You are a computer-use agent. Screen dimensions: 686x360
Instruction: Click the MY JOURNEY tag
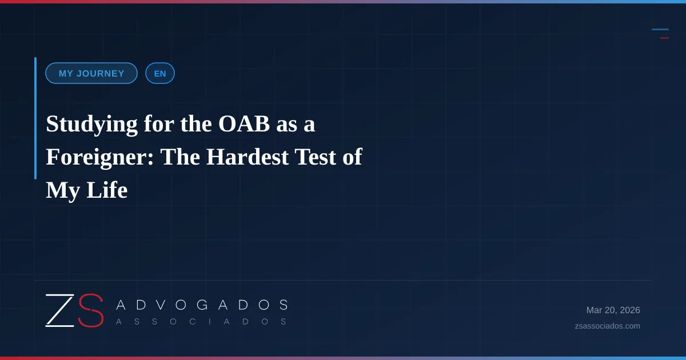point(91,73)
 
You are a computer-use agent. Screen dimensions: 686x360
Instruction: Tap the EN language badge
point(160,73)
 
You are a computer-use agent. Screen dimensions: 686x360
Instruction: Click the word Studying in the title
point(91,125)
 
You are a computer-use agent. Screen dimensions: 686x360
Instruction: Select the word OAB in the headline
point(244,123)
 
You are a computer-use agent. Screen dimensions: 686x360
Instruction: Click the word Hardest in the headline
point(248,157)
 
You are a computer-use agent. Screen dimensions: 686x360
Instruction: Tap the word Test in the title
point(316,157)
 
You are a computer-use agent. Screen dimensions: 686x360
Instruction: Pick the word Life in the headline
point(107,190)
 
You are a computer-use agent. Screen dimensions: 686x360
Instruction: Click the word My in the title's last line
point(63,191)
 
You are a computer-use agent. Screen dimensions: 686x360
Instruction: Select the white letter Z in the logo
point(60,310)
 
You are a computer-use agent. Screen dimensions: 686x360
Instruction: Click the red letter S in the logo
point(91,310)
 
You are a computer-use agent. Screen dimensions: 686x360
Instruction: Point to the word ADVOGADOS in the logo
point(202,305)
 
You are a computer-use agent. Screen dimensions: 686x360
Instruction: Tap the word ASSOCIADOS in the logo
point(201,322)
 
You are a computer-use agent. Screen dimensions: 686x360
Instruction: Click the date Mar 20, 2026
point(613,310)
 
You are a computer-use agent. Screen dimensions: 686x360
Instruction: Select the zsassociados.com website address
point(607,326)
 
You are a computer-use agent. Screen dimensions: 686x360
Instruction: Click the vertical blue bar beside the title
point(35,118)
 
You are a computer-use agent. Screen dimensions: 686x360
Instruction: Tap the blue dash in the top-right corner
point(660,29)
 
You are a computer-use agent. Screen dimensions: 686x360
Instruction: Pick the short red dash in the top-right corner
point(664,38)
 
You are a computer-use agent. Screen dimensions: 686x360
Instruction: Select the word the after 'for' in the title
point(196,124)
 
